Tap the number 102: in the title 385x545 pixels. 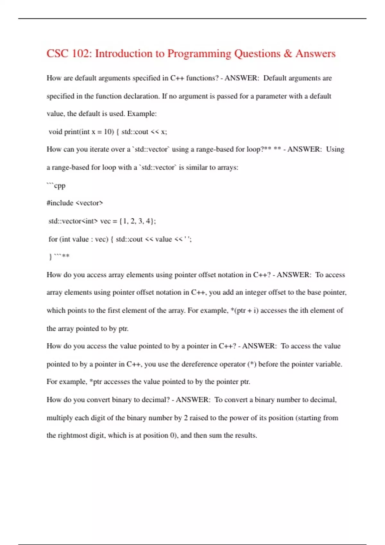(82, 54)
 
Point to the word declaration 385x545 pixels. (141, 96)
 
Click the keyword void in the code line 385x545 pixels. (55, 132)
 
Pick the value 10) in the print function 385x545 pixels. (109, 132)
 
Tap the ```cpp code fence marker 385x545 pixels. (56, 186)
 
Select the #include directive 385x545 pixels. (60, 203)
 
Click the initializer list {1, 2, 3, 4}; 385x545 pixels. (137, 221)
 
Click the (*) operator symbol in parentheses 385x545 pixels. (252, 364)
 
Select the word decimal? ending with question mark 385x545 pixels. (156, 400)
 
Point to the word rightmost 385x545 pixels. (72, 435)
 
